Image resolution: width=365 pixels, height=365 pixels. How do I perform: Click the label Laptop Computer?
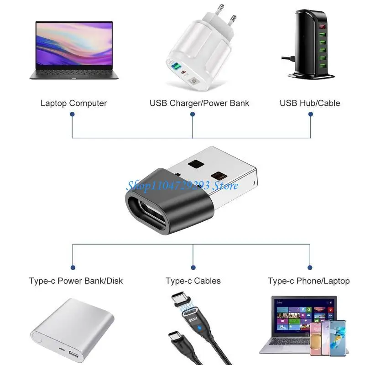(x=73, y=103)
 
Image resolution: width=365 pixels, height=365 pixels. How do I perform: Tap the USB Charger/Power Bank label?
(x=199, y=103)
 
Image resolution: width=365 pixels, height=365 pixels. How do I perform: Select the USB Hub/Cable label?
(x=310, y=103)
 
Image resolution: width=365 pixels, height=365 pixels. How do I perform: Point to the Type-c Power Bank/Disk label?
(x=76, y=281)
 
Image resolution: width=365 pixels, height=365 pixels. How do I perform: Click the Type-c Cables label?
(x=193, y=281)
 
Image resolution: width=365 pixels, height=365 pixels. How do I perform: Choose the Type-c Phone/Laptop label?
(x=308, y=281)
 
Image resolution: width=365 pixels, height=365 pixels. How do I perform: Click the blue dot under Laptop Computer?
(x=73, y=115)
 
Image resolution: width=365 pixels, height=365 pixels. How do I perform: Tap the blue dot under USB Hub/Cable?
(x=311, y=115)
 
